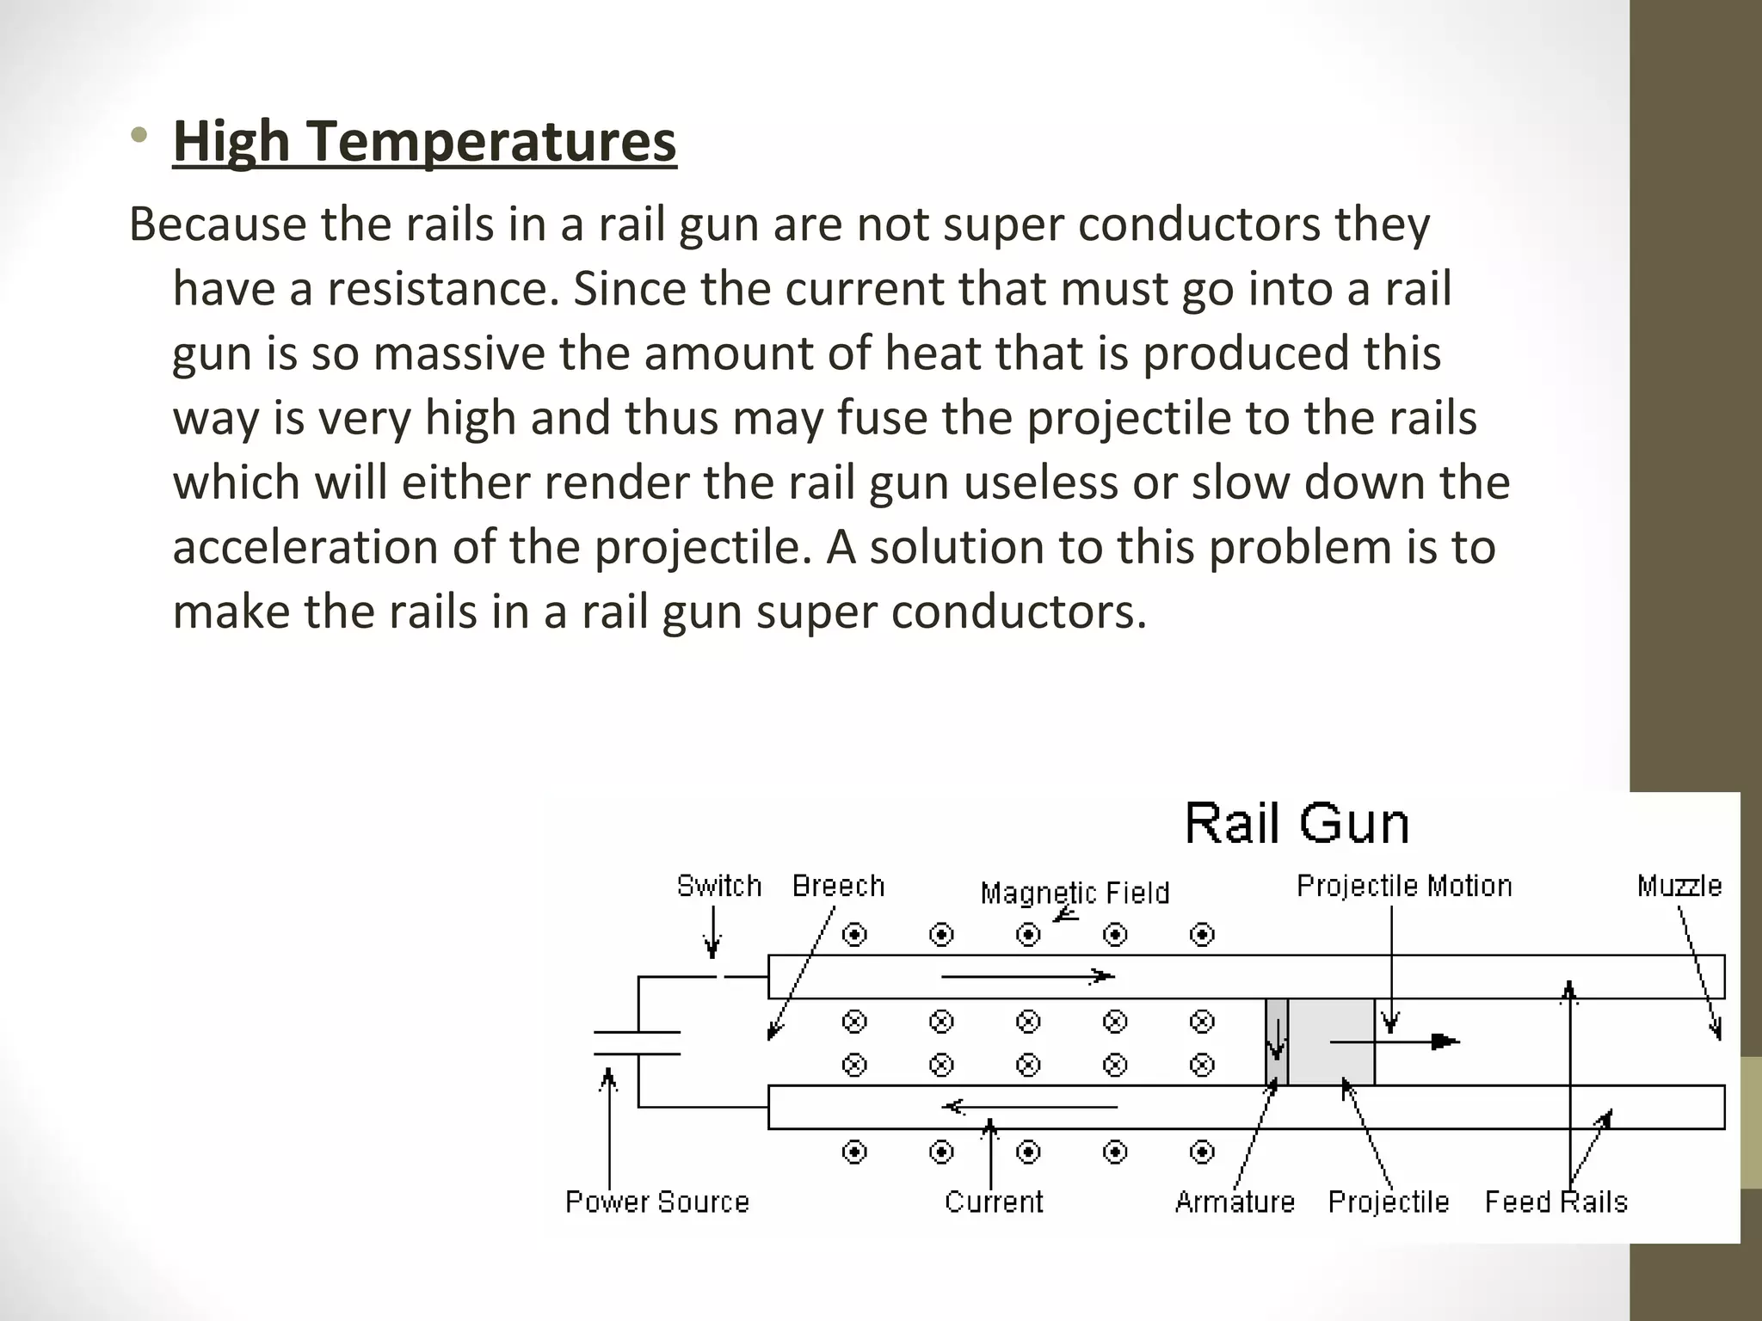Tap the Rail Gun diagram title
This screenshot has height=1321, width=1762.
click(x=1297, y=824)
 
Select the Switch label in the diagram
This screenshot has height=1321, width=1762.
click(x=719, y=886)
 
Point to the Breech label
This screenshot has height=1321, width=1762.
click(x=838, y=886)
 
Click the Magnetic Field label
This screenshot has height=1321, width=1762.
click(x=1075, y=893)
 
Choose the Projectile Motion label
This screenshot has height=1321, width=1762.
click(x=1404, y=886)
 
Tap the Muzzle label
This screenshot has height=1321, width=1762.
click(x=1679, y=886)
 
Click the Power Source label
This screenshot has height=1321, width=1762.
click(x=657, y=1201)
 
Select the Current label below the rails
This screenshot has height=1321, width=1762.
click(x=994, y=1201)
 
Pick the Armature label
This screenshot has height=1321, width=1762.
click(x=1235, y=1201)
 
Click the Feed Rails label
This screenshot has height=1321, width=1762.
click(x=1556, y=1201)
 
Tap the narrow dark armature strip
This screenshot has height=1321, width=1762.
click(x=1277, y=1041)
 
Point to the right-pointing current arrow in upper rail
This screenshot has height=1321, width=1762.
click(x=1028, y=976)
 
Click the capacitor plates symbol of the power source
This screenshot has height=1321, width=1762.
click(x=638, y=1042)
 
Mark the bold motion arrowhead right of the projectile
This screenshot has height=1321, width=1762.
click(x=1445, y=1041)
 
